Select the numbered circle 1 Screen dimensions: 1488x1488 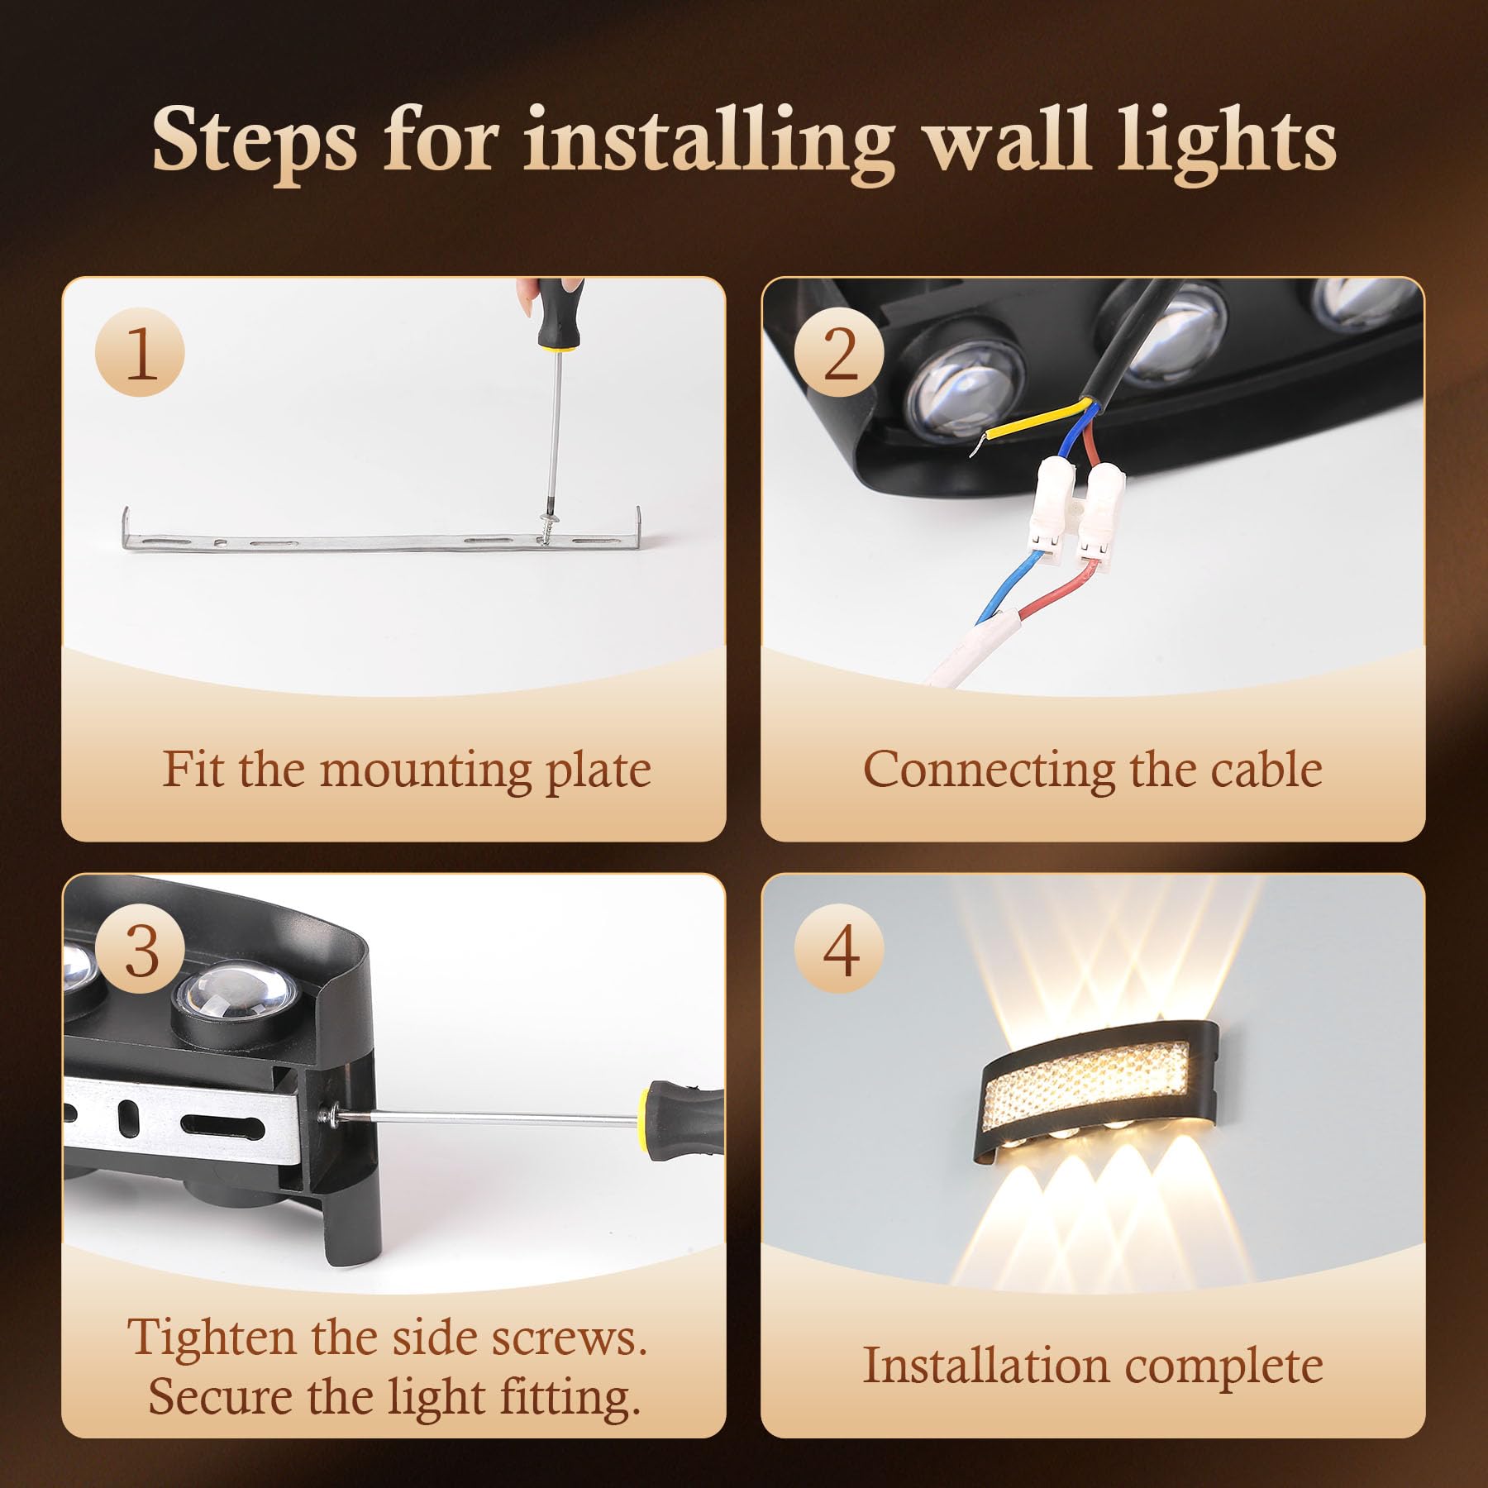click(x=140, y=353)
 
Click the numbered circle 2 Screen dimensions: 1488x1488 click(x=839, y=353)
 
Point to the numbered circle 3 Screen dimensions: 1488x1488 click(x=140, y=950)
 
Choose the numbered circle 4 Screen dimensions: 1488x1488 click(x=839, y=950)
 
